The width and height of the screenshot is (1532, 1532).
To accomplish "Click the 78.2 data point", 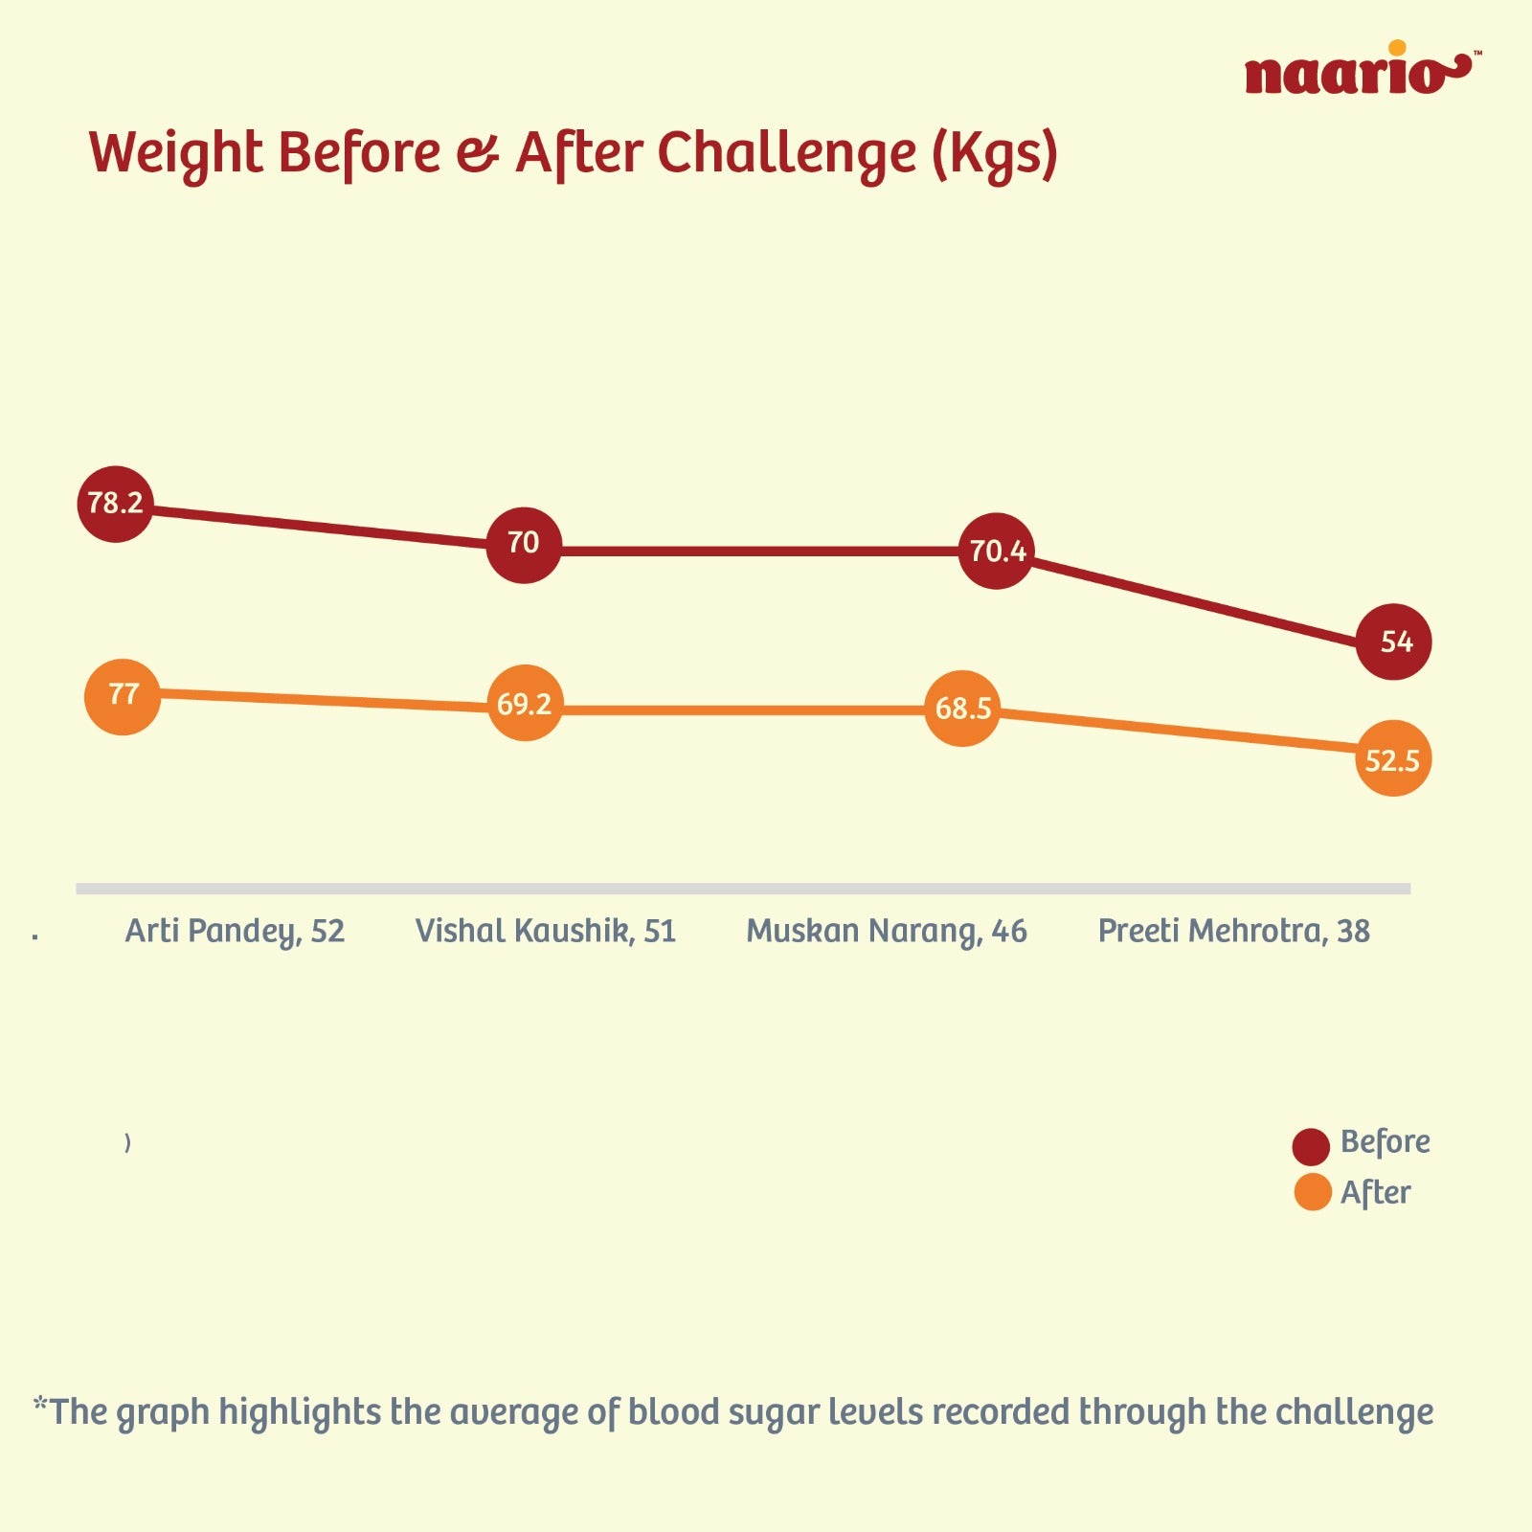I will point(115,504).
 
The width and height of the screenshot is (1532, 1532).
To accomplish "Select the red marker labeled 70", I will point(523,544).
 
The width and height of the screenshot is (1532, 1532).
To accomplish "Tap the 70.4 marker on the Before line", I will point(996,551).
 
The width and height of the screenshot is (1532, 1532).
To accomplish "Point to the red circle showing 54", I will point(1393,642).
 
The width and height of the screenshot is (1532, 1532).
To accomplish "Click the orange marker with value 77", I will point(123,696).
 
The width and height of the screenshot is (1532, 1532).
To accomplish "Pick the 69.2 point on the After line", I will point(525,704).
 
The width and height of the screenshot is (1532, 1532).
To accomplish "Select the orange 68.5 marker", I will point(962,709).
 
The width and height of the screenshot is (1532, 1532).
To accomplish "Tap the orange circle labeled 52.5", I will point(1393,759).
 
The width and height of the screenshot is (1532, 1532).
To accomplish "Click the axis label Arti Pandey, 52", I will point(235,931).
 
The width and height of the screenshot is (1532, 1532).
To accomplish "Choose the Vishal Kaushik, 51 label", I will point(546,931).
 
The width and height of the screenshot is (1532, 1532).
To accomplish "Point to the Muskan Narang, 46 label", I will point(887,931).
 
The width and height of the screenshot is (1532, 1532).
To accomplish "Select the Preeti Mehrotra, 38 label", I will point(1233,931).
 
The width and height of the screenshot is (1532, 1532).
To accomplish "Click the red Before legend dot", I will point(1311,1146).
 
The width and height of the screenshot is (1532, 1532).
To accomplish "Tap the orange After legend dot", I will point(1312,1192).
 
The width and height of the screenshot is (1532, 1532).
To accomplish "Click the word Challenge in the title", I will point(786,153).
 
